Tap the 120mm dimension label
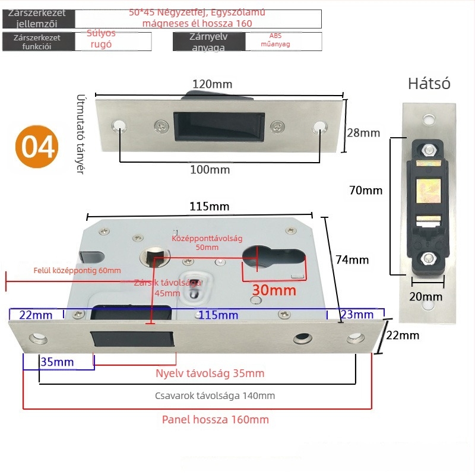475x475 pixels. pyautogui.click(x=212, y=84)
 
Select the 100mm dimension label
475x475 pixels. pyautogui.click(x=210, y=170)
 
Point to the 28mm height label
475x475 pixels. pyautogui.click(x=363, y=132)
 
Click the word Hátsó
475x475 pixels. pyautogui.click(x=429, y=84)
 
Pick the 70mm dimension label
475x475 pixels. pyautogui.click(x=366, y=191)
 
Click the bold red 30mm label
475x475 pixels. pyautogui.click(x=274, y=290)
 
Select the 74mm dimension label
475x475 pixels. pyautogui.click(x=352, y=259)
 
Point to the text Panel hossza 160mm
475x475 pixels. pyautogui.click(x=215, y=420)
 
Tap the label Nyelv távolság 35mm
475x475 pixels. pyautogui.click(x=210, y=373)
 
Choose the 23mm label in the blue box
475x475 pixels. pyautogui.click(x=359, y=314)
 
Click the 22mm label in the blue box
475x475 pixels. pyautogui.click(x=36, y=314)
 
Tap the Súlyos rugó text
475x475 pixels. pyautogui.click(x=101, y=39)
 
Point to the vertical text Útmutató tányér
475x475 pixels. pyautogui.click(x=81, y=133)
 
